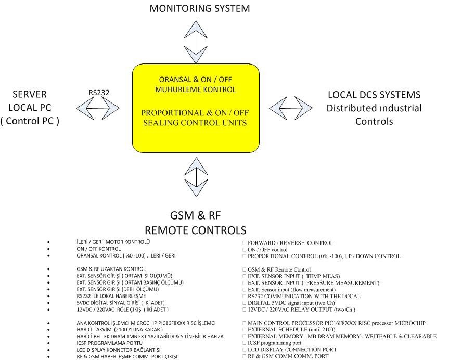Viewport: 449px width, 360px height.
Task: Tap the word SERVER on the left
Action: click(x=29, y=94)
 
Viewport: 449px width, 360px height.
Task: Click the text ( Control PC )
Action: click(x=30, y=121)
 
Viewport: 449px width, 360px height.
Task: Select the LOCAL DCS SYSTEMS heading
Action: click(x=374, y=95)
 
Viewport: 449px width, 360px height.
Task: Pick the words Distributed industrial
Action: click(x=374, y=108)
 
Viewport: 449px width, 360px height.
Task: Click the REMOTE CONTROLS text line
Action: click(x=195, y=230)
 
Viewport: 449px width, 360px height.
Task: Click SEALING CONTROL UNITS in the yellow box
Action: click(x=195, y=122)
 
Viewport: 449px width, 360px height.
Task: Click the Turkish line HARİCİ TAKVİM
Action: click(x=119, y=330)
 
